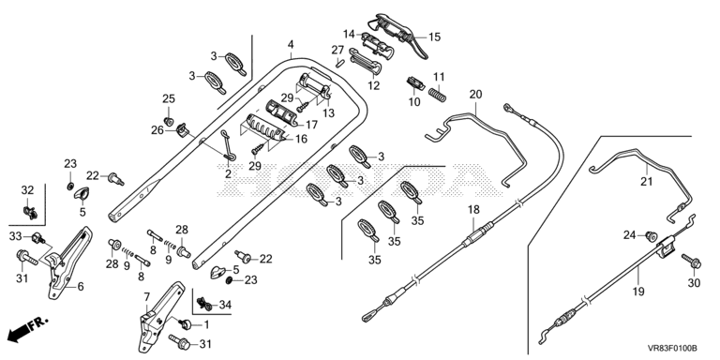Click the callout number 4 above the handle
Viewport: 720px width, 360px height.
coord(291,45)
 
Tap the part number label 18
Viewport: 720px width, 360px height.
coord(473,210)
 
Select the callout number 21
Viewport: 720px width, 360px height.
coord(646,182)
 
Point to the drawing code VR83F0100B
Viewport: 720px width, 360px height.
coord(672,349)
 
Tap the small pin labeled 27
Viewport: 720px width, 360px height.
coord(339,63)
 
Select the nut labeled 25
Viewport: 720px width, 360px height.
coord(169,122)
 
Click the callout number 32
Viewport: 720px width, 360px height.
coord(27,190)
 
